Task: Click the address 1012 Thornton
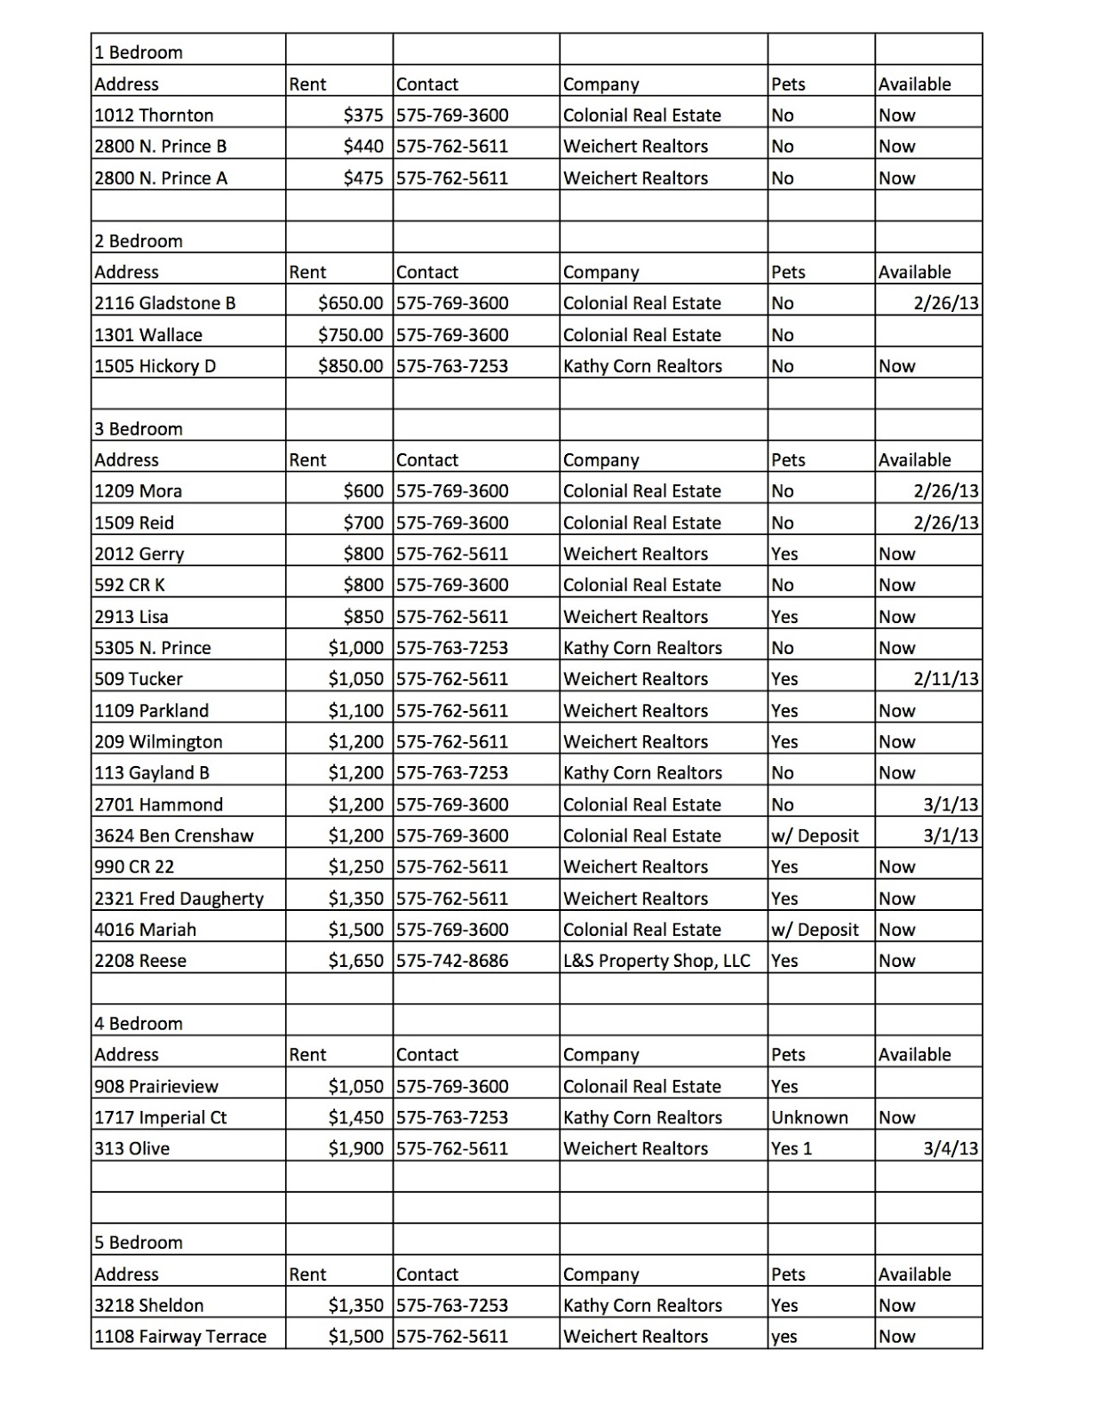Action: pyautogui.click(x=154, y=116)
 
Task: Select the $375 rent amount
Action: pyautogui.click(x=363, y=116)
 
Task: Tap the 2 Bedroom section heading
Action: pyautogui.click(x=139, y=241)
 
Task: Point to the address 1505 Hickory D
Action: pyautogui.click(x=155, y=366)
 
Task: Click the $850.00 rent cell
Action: pyautogui.click(x=350, y=366)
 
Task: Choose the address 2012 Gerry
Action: pyautogui.click(x=139, y=555)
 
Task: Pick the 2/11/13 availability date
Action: pyautogui.click(x=946, y=679)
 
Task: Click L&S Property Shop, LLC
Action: pyautogui.click(x=656, y=961)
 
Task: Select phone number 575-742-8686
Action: pyautogui.click(x=452, y=961)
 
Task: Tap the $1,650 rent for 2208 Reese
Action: pyautogui.click(x=355, y=961)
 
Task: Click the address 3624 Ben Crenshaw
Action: pyautogui.click(x=174, y=836)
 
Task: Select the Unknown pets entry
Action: pyautogui.click(x=809, y=1118)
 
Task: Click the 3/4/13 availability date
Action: pyautogui.click(x=951, y=1149)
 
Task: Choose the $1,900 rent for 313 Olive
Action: pyautogui.click(x=355, y=1149)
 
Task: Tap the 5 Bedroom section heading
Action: pyautogui.click(x=139, y=1242)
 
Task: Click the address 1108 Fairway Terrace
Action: pyautogui.click(x=180, y=1337)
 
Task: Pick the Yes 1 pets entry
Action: pyautogui.click(x=792, y=1149)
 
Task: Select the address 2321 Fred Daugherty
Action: pyautogui.click(x=179, y=899)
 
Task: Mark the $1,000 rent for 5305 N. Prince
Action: pyautogui.click(x=355, y=648)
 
